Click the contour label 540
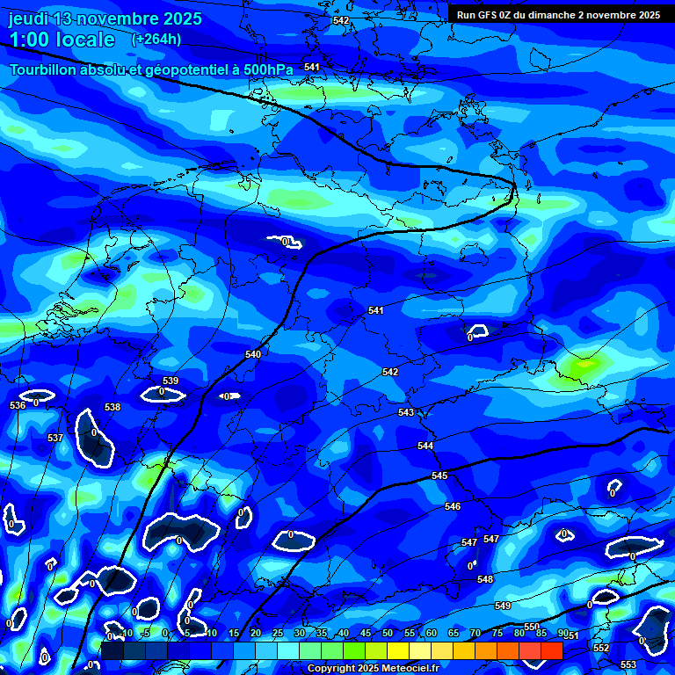pyautogui.click(x=253, y=354)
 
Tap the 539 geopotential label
pyautogui.click(x=171, y=381)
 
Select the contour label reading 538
pyautogui.click(x=112, y=407)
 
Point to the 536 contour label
pyautogui.click(x=18, y=405)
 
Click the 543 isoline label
pyautogui.click(x=406, y=412)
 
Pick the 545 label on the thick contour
pyautogui.click(x=439, y=475)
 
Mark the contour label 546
pyautogui.click(x=453, y=506)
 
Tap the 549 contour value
pyautogui.click(x=503, y=606)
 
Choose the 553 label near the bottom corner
pyautogui.click(x=628, y=664)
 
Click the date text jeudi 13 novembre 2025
pyautogui.click(x=105, y=18)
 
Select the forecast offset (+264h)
pyautogui.click(x=156, y=39)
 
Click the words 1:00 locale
pyautogui.click(x=62, y=40)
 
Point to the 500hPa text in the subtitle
pyautogui.click(x=263, y=69)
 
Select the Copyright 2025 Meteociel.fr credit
pyautogui.click(x=373, y=669)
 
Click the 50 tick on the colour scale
pyautogui.click(x=388, y=633)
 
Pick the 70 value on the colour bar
pyautogui.click(x=475, y=633)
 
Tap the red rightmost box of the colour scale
pyautogui.click(x=552, y=650)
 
